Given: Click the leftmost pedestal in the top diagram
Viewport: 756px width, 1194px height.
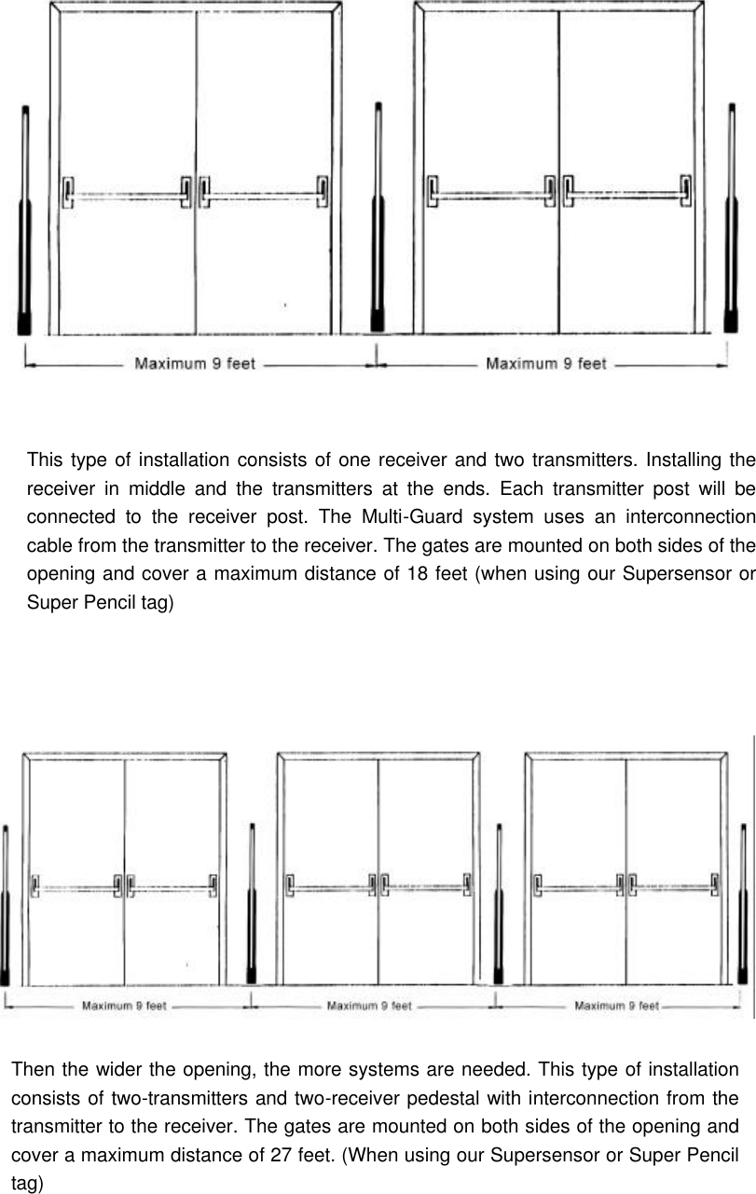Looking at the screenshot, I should tap(25, 224).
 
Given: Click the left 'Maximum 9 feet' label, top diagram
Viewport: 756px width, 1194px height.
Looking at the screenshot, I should tap(195, 364).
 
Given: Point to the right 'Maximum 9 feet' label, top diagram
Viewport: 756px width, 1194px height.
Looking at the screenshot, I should tap(546, 364).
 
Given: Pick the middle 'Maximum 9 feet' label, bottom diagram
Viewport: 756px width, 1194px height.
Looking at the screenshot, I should tap(368, 1006).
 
